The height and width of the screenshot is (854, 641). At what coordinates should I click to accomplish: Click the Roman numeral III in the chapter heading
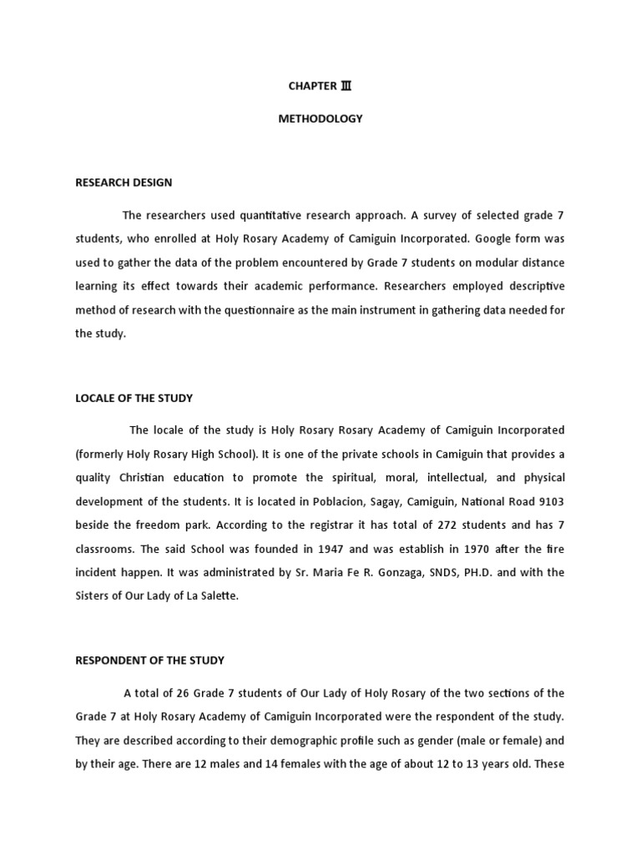tap(346, 86)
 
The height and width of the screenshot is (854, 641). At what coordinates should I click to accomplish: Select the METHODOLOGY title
tap(320, 118)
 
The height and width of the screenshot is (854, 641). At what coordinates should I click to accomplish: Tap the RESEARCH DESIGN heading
tap(124, 183)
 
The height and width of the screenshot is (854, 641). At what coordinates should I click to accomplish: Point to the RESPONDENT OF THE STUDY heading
tap(149, 661)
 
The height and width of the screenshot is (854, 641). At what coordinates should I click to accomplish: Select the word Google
tap(498, 239)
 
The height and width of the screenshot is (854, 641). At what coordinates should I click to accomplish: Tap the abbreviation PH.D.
tap(479, 573)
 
